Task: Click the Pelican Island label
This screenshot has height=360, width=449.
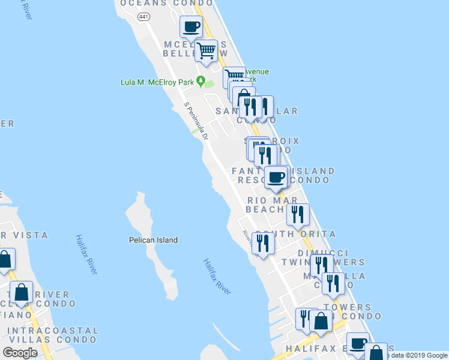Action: point(153,240)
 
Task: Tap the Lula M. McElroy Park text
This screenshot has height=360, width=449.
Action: point(158,82)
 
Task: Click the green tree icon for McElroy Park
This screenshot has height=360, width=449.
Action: point(201,81)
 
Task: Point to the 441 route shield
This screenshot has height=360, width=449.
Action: point(143,17)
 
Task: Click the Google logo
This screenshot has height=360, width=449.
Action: point(20,353)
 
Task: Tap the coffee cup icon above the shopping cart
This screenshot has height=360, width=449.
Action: point(191,27)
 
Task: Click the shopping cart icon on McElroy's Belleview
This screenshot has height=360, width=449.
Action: point(206,50)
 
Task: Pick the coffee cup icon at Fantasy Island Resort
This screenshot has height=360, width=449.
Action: point(277,177)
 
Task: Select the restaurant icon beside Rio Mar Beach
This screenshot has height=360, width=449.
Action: point(298,214)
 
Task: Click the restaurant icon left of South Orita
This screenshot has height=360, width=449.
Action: point(263,242)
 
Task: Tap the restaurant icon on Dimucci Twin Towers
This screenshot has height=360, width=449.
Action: point(322,265)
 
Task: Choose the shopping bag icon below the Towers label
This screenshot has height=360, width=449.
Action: point(321,321)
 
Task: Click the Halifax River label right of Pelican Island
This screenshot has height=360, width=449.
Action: point(217,277)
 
